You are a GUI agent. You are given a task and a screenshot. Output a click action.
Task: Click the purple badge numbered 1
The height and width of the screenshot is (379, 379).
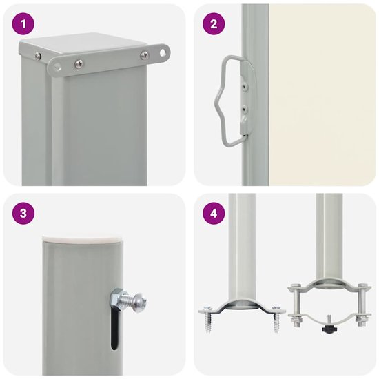click(26, 26)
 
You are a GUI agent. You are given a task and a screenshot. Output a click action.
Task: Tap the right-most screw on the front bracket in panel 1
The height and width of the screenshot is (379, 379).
click(144, 55)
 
